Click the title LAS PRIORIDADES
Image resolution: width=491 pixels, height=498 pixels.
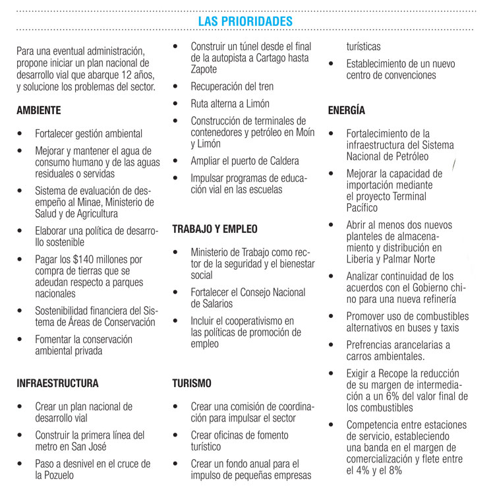pyautogui.click(x=245, y=21)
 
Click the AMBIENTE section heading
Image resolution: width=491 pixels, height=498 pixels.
pyautogui.click(x=39, y=110)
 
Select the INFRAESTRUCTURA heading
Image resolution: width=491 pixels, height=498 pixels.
pyautogui.click(x=57, y=383)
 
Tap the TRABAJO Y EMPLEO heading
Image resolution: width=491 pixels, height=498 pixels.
pyautogui.click(x=215, y=230)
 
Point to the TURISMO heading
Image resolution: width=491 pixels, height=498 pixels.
pyautogui.click(x=192, y=383)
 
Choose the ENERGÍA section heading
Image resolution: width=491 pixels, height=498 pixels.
pyautogui.click(x=346, y=110)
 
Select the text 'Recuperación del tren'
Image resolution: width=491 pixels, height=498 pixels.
pyautogui.click(x=232, y=87)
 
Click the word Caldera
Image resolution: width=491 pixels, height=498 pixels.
pyautogui.click(x=280, y=162)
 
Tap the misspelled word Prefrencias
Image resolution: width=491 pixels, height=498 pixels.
pyautogui.click(x=373, y=345)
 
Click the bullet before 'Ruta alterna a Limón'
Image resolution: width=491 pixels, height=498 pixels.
pyautogui.click(x=175, y=104)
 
